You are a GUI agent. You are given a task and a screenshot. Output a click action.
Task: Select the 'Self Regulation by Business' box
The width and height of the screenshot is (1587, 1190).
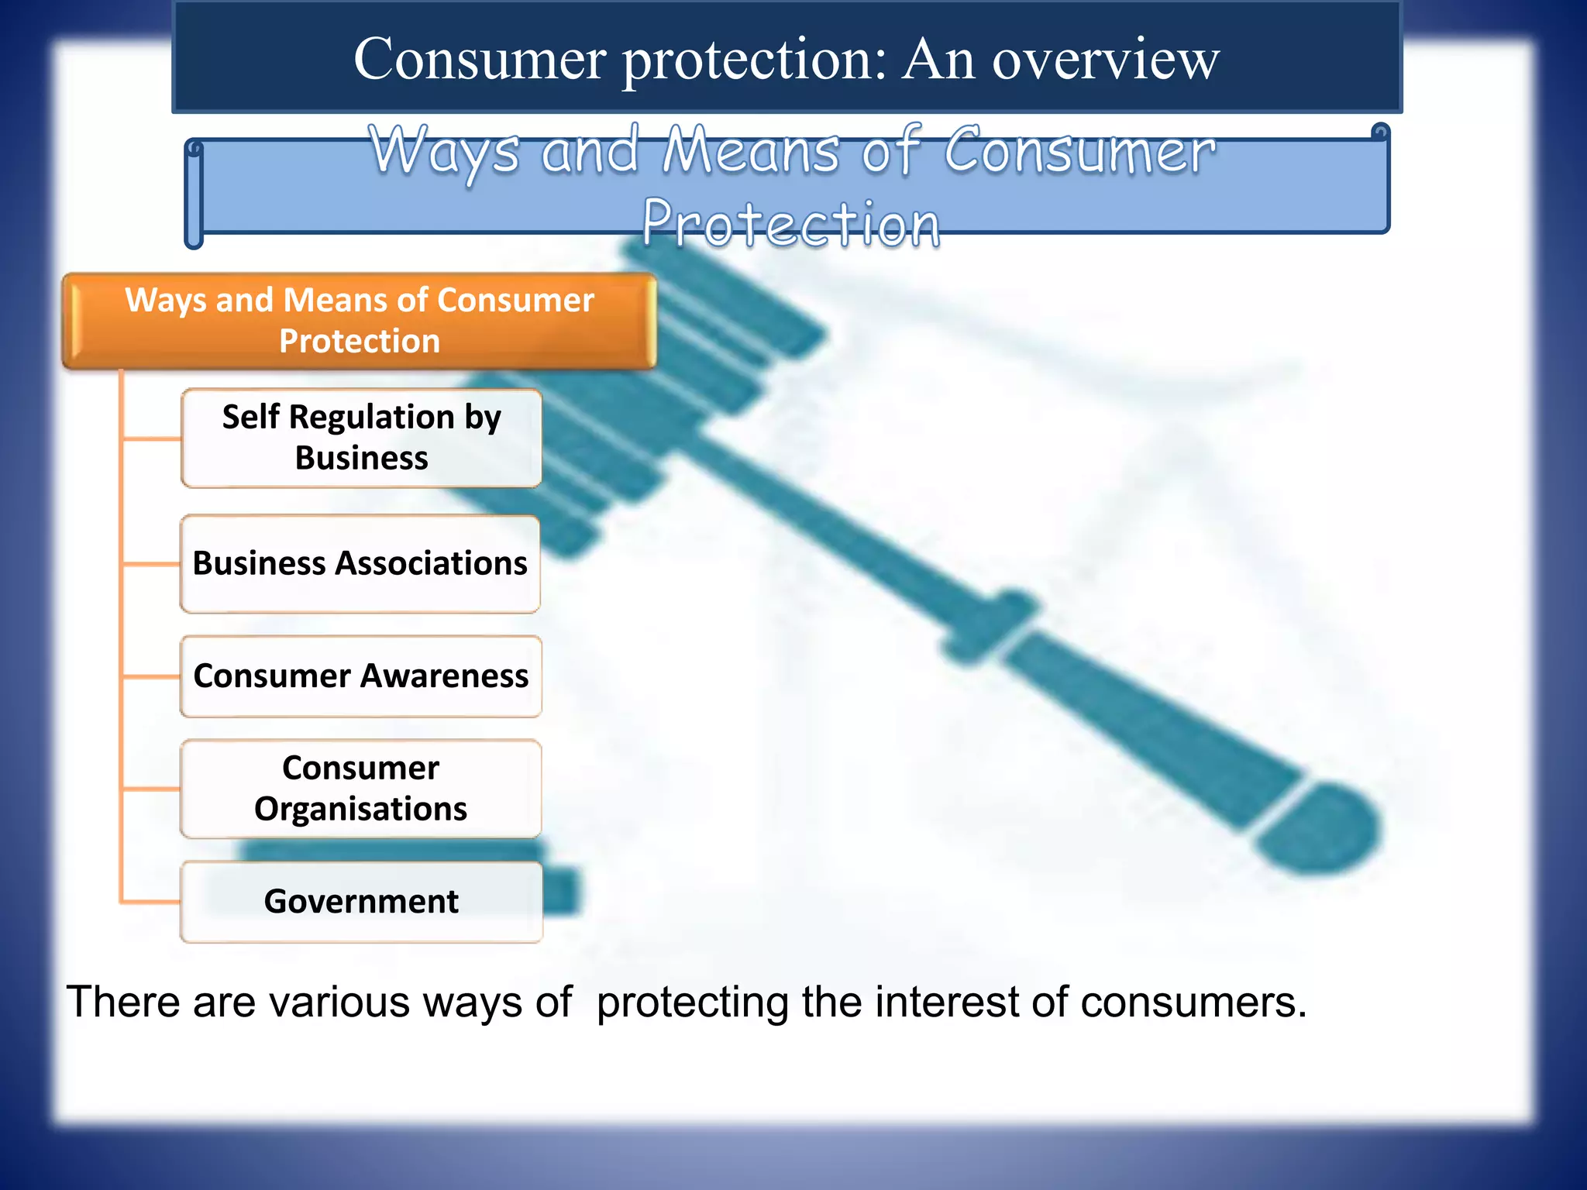point(361,438)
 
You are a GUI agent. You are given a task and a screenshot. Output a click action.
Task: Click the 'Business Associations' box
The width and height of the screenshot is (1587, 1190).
point(360,563)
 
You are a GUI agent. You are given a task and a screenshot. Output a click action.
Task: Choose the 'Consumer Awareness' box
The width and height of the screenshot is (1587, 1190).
point(361,676)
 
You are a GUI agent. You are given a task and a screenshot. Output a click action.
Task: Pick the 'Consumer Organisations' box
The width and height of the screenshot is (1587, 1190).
point(361,788)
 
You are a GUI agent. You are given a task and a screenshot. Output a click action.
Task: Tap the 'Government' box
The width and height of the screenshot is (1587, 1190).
point(361,902)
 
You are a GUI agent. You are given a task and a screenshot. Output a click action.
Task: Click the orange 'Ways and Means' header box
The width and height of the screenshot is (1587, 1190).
point(360,320)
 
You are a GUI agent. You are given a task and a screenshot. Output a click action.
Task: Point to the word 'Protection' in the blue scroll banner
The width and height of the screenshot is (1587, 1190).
point(791,224)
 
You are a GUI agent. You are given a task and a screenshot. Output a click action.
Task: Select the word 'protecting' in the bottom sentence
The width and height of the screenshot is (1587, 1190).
point(694,1002)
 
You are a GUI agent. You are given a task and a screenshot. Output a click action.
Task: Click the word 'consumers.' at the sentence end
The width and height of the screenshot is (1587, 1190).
point(1193,1002)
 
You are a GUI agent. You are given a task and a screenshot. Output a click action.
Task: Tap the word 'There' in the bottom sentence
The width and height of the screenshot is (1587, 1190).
point(123,1002)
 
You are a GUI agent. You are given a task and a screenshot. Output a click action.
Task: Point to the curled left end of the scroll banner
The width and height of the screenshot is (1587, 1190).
point(195,194)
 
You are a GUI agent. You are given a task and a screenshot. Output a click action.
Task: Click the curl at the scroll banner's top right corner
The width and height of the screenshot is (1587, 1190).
point(1379,133)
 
